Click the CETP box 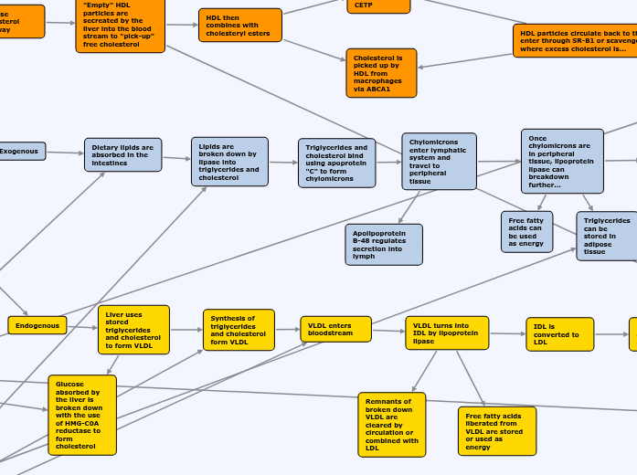click(378, 5)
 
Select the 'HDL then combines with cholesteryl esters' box click(239, 25)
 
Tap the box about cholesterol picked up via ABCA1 click(381, 73)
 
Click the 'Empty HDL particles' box click(120, 25)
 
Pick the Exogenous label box click(21, 151)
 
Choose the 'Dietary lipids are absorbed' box click(122, 154)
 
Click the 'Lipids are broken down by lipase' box click(229, 162)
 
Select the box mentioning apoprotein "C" click(336, 163)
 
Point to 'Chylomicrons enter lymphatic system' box click(439, 162)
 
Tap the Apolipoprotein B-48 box click(384, 244)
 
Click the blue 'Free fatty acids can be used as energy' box click(526, 231)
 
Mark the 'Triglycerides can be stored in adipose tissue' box click(607, 236)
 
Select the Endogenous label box click(37, 325)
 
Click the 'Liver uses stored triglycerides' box click(133, 330)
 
